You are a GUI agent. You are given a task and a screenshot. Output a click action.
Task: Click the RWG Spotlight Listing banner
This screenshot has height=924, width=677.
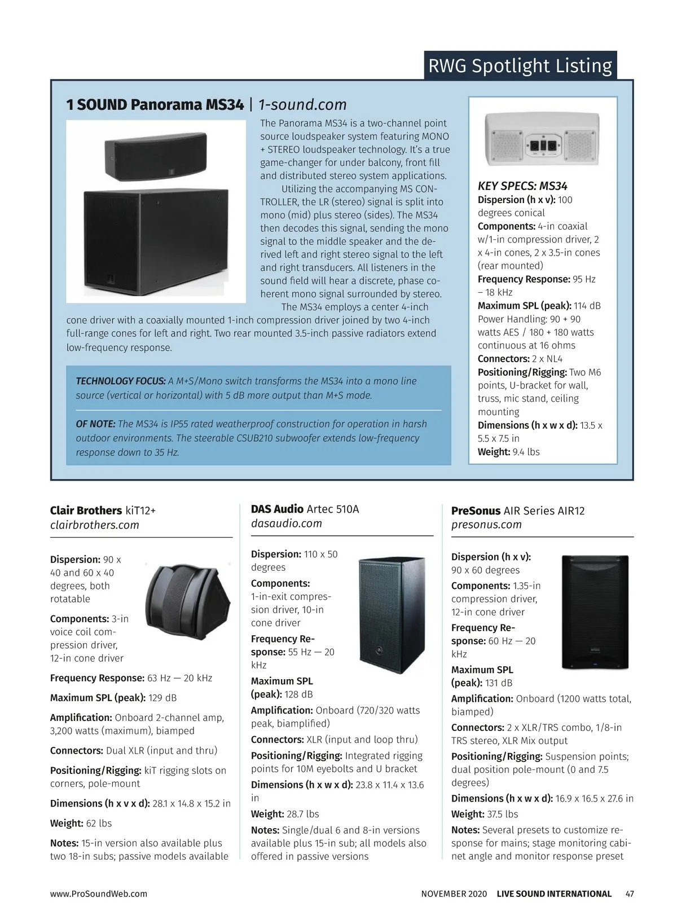pos(520,65)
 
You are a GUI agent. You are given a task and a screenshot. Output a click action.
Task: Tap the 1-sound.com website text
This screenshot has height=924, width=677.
pos(302,105)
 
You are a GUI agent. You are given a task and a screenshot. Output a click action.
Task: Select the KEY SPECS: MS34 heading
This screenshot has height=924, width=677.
pos(522,186)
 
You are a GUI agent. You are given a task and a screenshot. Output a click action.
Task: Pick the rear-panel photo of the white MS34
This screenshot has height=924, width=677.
pos(543,141)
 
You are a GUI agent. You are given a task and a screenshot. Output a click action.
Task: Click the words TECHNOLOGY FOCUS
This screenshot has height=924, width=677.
pos(121,381)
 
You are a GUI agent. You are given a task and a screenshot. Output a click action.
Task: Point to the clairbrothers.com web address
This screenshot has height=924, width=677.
pos(95,525)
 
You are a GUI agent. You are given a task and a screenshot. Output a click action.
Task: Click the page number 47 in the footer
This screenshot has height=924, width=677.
pos(630,894)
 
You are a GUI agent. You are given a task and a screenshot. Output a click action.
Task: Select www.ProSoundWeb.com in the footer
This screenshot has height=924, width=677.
pos(99,894)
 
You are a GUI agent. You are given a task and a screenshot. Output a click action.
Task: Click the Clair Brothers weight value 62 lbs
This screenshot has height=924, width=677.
pos(99,824)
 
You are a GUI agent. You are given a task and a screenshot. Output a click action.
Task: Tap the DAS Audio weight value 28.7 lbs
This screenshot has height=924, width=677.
pos(303,814)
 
